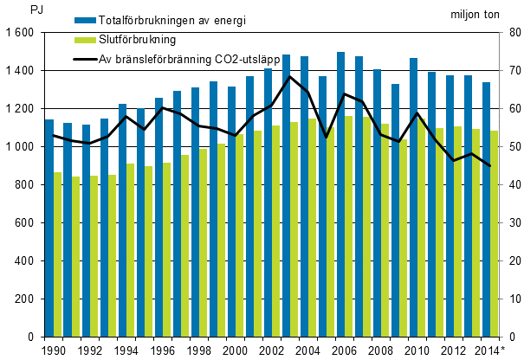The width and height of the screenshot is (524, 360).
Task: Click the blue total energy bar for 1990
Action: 49,228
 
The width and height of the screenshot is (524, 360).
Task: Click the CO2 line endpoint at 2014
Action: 489,166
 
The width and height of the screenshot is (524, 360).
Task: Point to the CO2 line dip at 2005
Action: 326,138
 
